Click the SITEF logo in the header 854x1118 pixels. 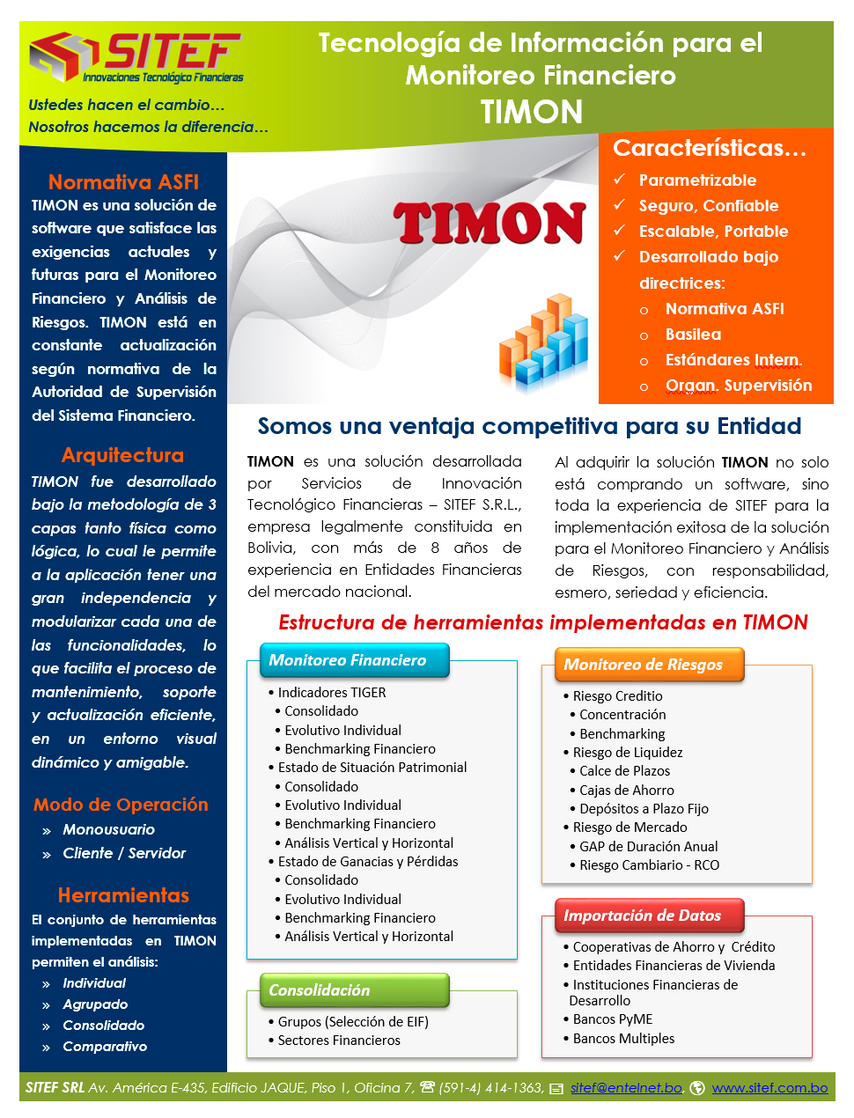click(136, 58)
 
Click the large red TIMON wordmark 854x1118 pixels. click(490, 224)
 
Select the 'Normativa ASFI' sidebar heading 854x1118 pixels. click(123, 182)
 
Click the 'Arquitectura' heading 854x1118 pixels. click(122, 455)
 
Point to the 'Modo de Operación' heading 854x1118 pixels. click(121, 805)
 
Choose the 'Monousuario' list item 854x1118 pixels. click(108, 829)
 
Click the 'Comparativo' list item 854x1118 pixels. click(105, 1047)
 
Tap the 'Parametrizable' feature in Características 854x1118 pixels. click(697, 180)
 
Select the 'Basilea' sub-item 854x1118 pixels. click(693, 335)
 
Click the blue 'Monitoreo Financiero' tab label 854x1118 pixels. click(348, 660)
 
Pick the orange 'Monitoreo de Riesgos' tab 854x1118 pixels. click(644, 665)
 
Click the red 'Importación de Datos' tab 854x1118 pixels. click(643, 916)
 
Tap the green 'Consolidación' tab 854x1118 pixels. click(320, 990)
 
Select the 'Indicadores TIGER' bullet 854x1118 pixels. click(332, 693)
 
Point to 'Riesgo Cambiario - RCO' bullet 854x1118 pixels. click(649, 865)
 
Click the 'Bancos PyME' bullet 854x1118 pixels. click(613, 1019)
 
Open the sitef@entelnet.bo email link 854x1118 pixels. click(626, 1088)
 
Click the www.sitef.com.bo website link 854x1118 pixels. click(769, 1088)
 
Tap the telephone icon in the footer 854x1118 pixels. click(428, 1088)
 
